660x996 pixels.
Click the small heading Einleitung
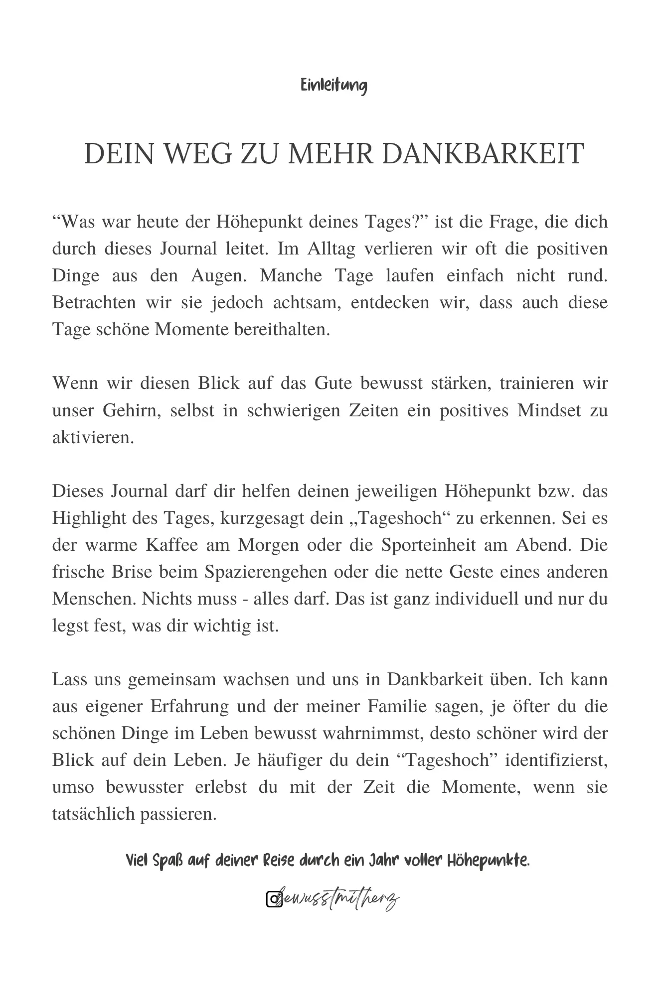[333, 86]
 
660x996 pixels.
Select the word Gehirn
[131, 411]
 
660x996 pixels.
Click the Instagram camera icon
[274, 899]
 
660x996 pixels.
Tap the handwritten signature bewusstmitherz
[339, 898]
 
